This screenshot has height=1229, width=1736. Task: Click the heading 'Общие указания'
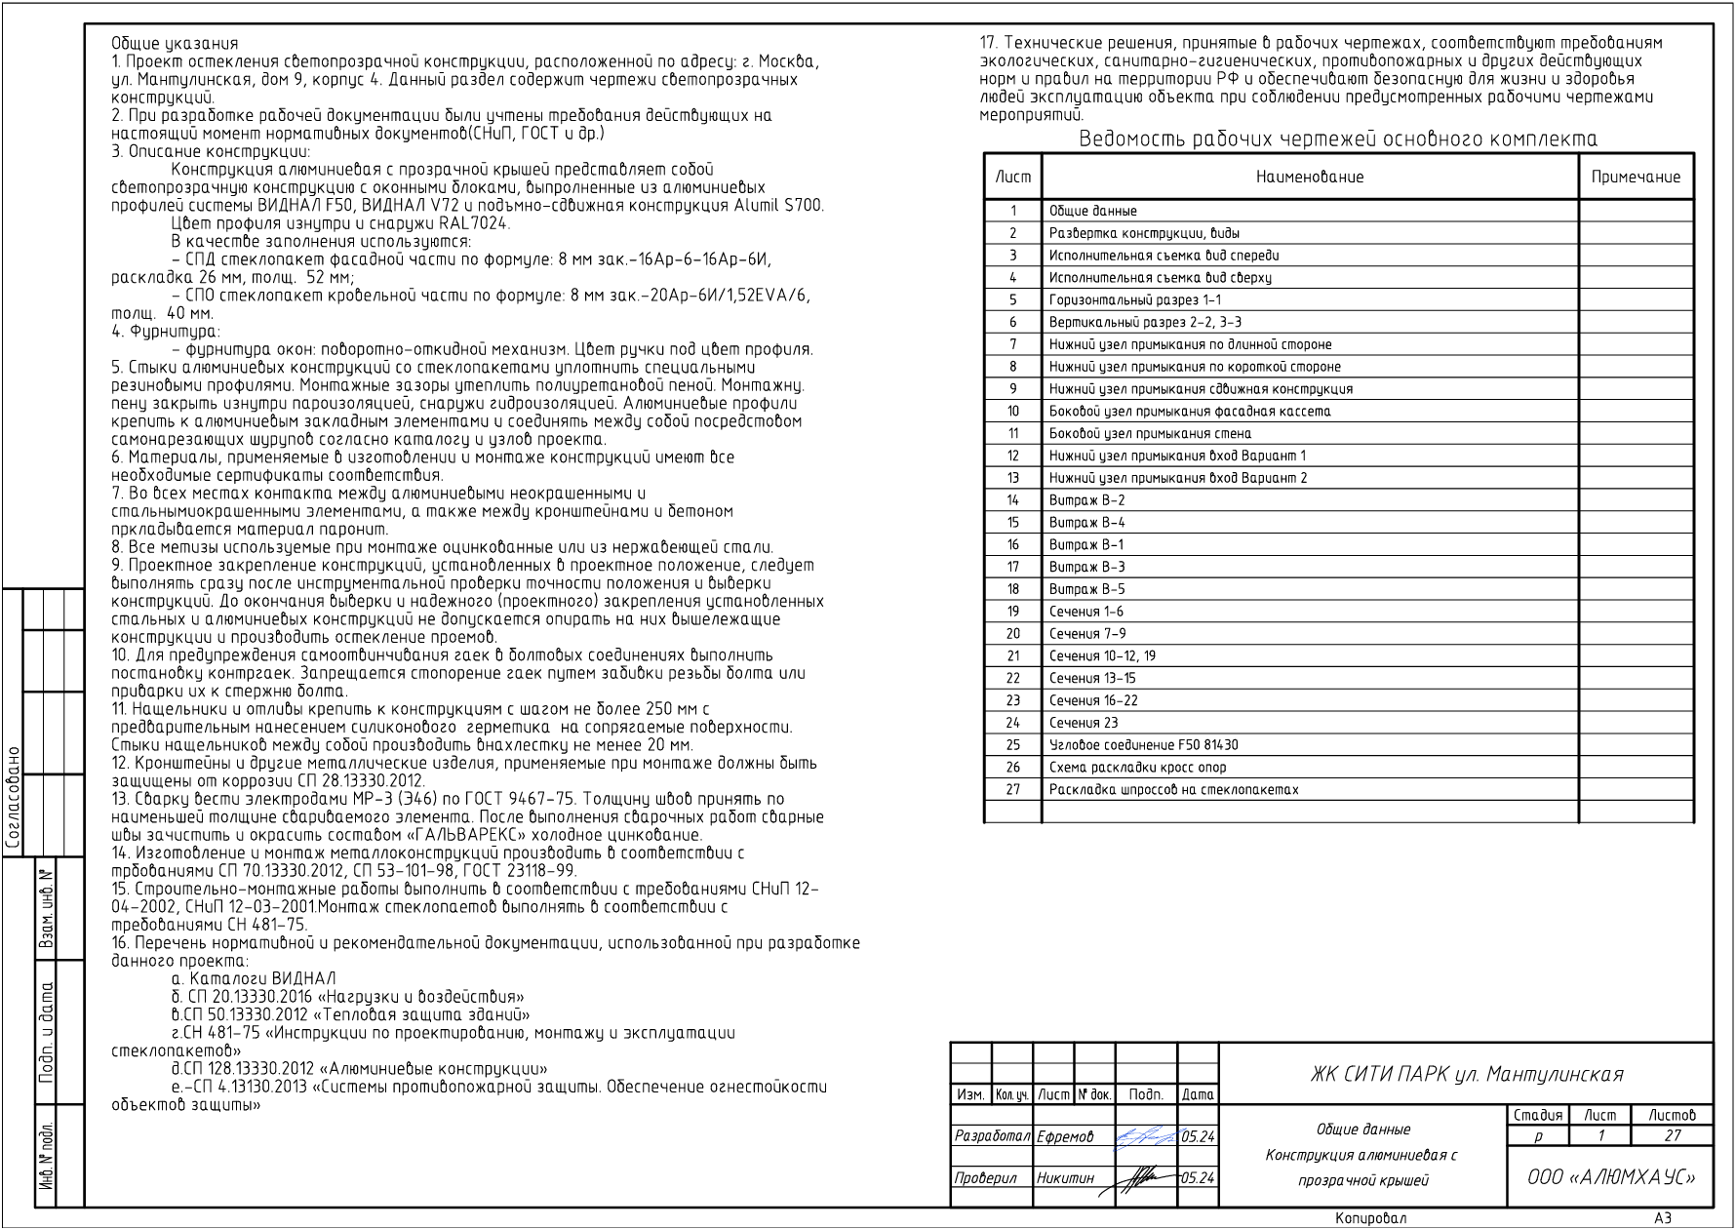point(175,43)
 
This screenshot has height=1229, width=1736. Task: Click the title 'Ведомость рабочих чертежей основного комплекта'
point(1338,139)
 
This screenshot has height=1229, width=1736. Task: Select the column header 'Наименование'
point(1310,178)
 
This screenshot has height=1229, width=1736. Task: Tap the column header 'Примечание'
point(1636,178)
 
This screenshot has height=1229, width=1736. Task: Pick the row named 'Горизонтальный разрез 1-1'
point(1134,300)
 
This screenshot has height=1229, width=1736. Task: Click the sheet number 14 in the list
point(1013,500)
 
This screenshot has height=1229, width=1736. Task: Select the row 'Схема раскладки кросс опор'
point(1137,768)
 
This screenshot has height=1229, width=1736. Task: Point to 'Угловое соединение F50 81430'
point(1143,745)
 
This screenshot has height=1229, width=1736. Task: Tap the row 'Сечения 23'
point(1083,723)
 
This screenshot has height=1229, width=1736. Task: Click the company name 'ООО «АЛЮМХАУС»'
point(1611,1177)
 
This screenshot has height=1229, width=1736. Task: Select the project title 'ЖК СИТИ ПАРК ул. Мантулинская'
point(1467,1075)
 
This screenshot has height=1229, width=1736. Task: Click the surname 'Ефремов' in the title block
point(1065,1136)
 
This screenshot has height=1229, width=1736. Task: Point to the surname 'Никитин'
point(1066,1178)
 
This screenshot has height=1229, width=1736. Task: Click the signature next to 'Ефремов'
point(1146,1135)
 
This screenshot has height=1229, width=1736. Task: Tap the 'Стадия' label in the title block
point(1538,1115)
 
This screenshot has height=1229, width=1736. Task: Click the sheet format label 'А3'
point(1663,1218)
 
